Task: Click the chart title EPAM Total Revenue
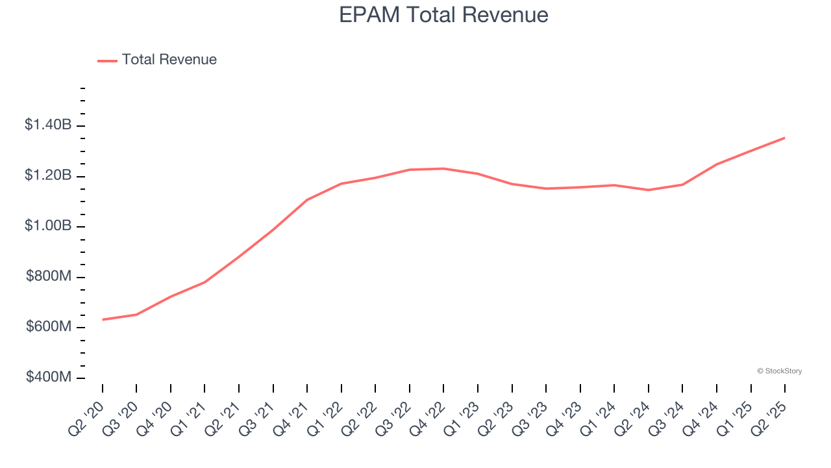click(443, 15)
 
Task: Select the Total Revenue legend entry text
click(169, 60)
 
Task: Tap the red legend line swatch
click(107, 60)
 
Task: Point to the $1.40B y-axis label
click(48, 125)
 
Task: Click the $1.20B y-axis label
click(48, 175)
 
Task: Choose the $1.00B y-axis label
click(48, 226)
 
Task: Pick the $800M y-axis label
click(49, 276)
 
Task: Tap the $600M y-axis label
click(49, 327)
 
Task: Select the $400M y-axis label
click(49, 377)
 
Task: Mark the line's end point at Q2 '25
click(784, 138)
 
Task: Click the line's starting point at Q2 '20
click(103, 320)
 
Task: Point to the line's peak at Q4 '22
click(443, 168)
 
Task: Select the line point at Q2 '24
click(648, 190)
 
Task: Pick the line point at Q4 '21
click(307, 200)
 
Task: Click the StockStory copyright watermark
click(779, 371)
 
